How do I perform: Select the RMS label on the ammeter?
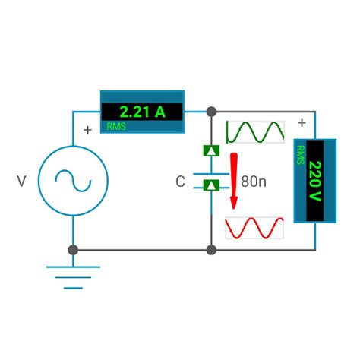[117, 126]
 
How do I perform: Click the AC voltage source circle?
[73, 181]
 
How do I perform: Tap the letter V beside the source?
[21, 182]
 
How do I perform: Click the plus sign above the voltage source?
[87, 130]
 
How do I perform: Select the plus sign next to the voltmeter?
[302, 122]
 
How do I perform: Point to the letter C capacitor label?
[180, 182]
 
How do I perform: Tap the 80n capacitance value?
[254, 182]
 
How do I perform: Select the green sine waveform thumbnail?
[256, 133]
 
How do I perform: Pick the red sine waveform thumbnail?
[256, 227]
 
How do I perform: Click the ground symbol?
[73, 274]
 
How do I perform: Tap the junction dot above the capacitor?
[211, 112]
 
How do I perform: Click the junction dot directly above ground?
[73, 249]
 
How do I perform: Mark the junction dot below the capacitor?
[211, 249]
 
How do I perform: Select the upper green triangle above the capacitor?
[211, 150]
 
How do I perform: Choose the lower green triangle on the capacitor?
[211, 185]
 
